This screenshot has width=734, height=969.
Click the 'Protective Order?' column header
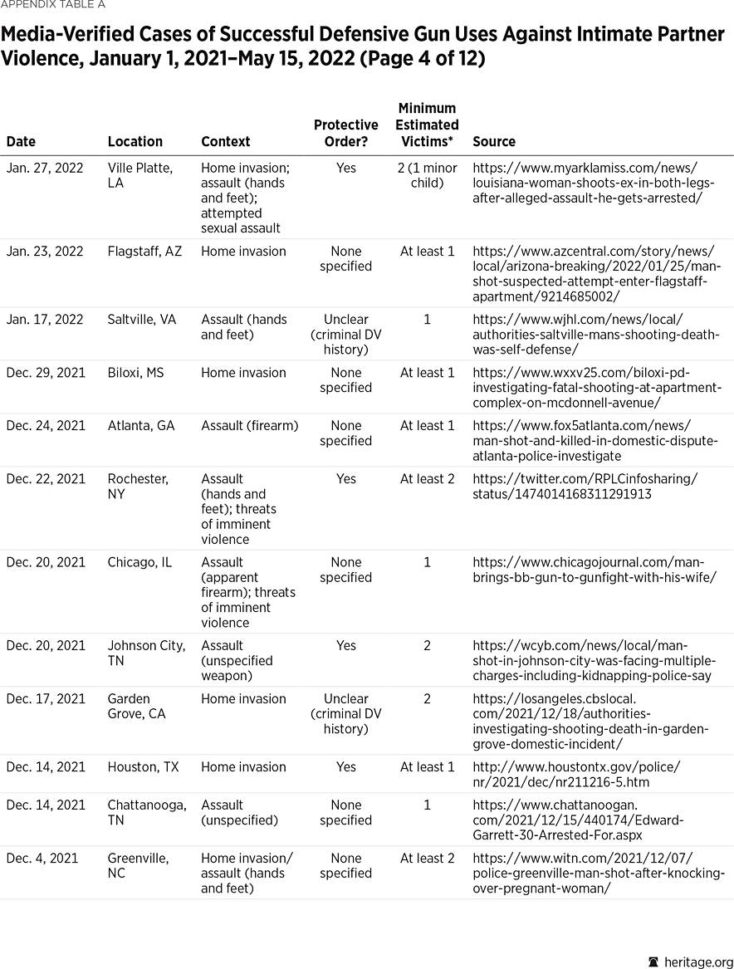(345, 133)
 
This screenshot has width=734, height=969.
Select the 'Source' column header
(494, 142)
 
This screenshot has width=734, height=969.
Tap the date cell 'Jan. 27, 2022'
(45, 169)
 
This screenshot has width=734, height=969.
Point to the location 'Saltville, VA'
(142, 320)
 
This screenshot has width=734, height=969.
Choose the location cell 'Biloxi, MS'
(135, 373)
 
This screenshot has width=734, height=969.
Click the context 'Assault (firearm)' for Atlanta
(249, 426)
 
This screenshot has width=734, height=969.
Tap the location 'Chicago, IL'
(139, 562)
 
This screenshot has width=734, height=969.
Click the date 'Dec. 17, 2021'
(46, 699)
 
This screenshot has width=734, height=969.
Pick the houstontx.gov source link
(575, 775)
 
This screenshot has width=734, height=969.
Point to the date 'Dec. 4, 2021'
(42, 859)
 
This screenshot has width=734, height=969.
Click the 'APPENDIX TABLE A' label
(53, 5)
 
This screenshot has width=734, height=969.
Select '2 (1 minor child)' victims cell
(427, 175)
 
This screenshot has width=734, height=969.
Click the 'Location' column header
(135, 142)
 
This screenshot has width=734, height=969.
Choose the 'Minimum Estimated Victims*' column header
(427, 125)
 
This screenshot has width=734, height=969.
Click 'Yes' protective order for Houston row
(345, 767)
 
